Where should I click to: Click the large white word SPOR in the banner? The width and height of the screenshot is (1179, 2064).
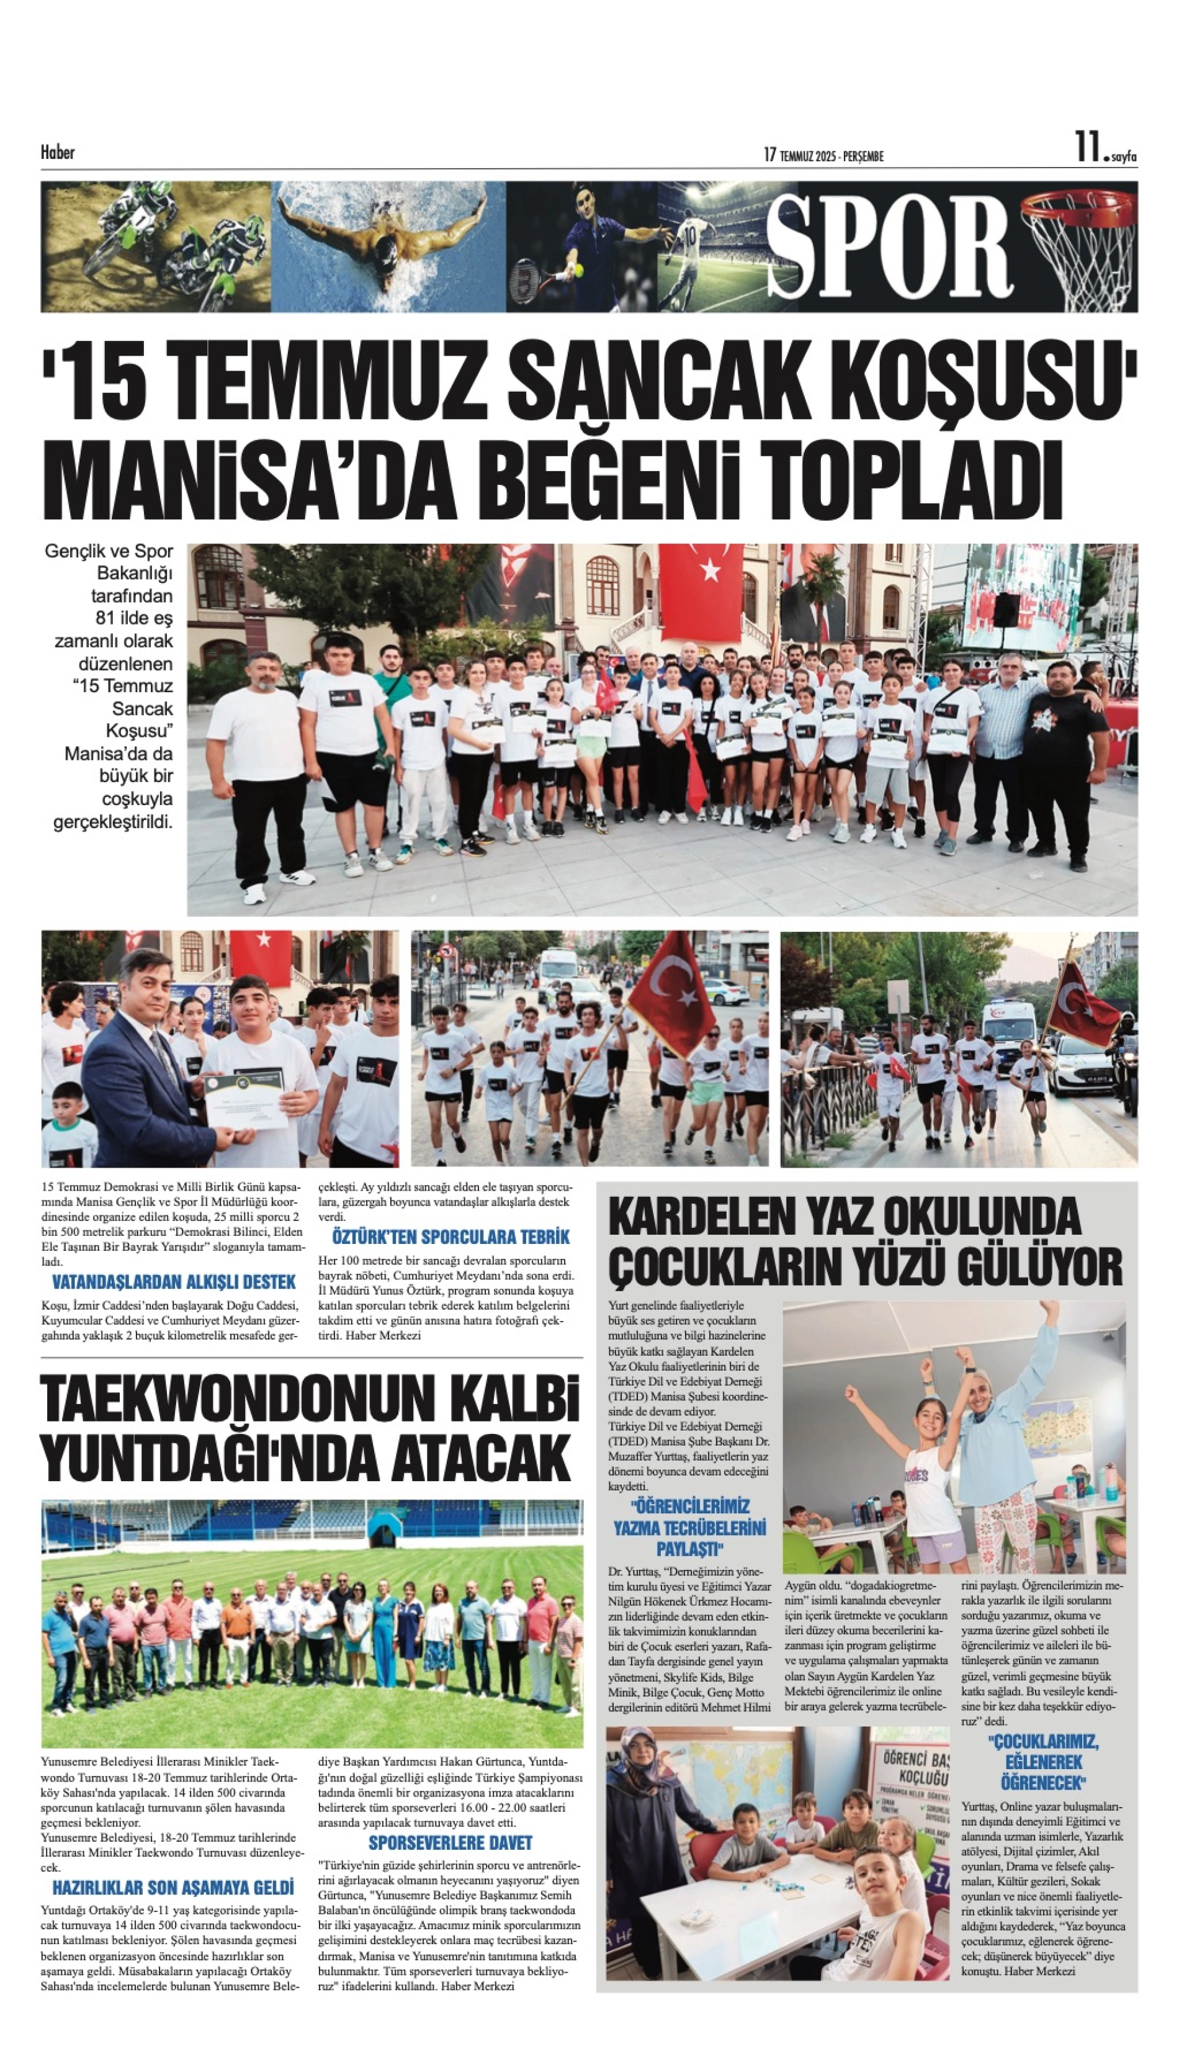[x=889, y=246]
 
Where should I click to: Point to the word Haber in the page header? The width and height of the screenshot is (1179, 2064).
[x=58, y=152]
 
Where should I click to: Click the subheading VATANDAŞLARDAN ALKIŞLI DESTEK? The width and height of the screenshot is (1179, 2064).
[x=174, y=1282]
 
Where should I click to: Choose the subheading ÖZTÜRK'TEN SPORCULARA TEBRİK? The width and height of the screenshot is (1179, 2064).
[x=451, y=1237]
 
